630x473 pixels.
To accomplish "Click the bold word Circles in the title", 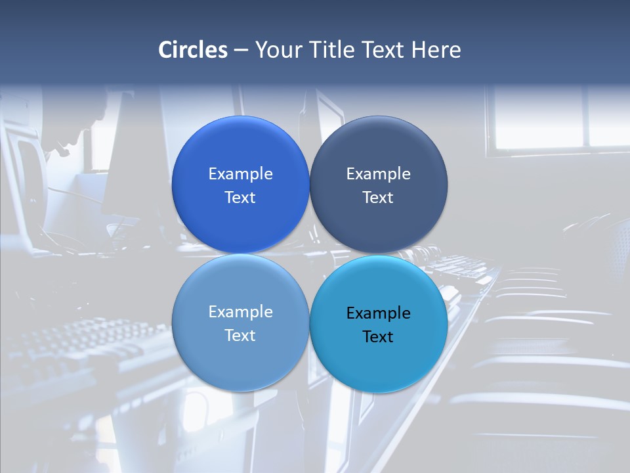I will (193, 50).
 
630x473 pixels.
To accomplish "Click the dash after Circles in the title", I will (241, 51).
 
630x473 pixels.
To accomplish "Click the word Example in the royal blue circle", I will (240, 173).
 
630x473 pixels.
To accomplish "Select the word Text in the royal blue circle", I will (240, 197).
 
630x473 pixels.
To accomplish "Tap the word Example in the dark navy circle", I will (378, 173).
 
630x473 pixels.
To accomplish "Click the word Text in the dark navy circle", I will (378, 197).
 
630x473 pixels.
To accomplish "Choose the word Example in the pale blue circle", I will (240, 311).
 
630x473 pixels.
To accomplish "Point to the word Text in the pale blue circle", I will (240, 335).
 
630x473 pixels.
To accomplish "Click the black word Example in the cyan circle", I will (378, 313).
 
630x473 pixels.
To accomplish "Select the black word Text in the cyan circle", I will (378, 336).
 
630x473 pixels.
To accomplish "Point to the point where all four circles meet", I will (309, 254).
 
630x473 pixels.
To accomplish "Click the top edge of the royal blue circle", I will (240, 117).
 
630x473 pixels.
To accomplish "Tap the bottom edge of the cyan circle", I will (378, 392).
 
